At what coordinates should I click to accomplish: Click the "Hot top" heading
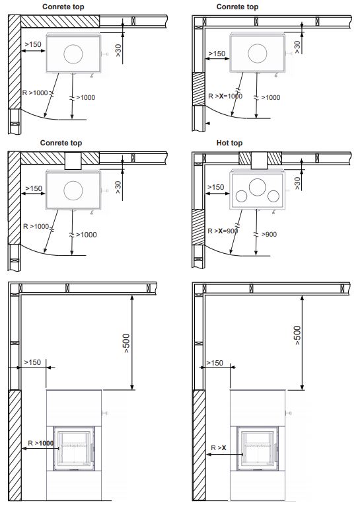point(229,143)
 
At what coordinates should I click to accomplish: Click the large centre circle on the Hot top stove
point(258,187)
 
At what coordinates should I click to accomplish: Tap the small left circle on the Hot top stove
point(241,196)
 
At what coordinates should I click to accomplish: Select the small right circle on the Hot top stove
point(273,196)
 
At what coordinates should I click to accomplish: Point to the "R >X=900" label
point(223,231)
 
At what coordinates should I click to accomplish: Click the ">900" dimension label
point(269,234)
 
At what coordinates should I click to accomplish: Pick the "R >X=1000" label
point(225,96)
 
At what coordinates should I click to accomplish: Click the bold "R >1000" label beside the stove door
point(40,443)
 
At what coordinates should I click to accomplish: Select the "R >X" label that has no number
point(219,447)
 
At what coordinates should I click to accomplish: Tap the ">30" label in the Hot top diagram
point(297,183)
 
